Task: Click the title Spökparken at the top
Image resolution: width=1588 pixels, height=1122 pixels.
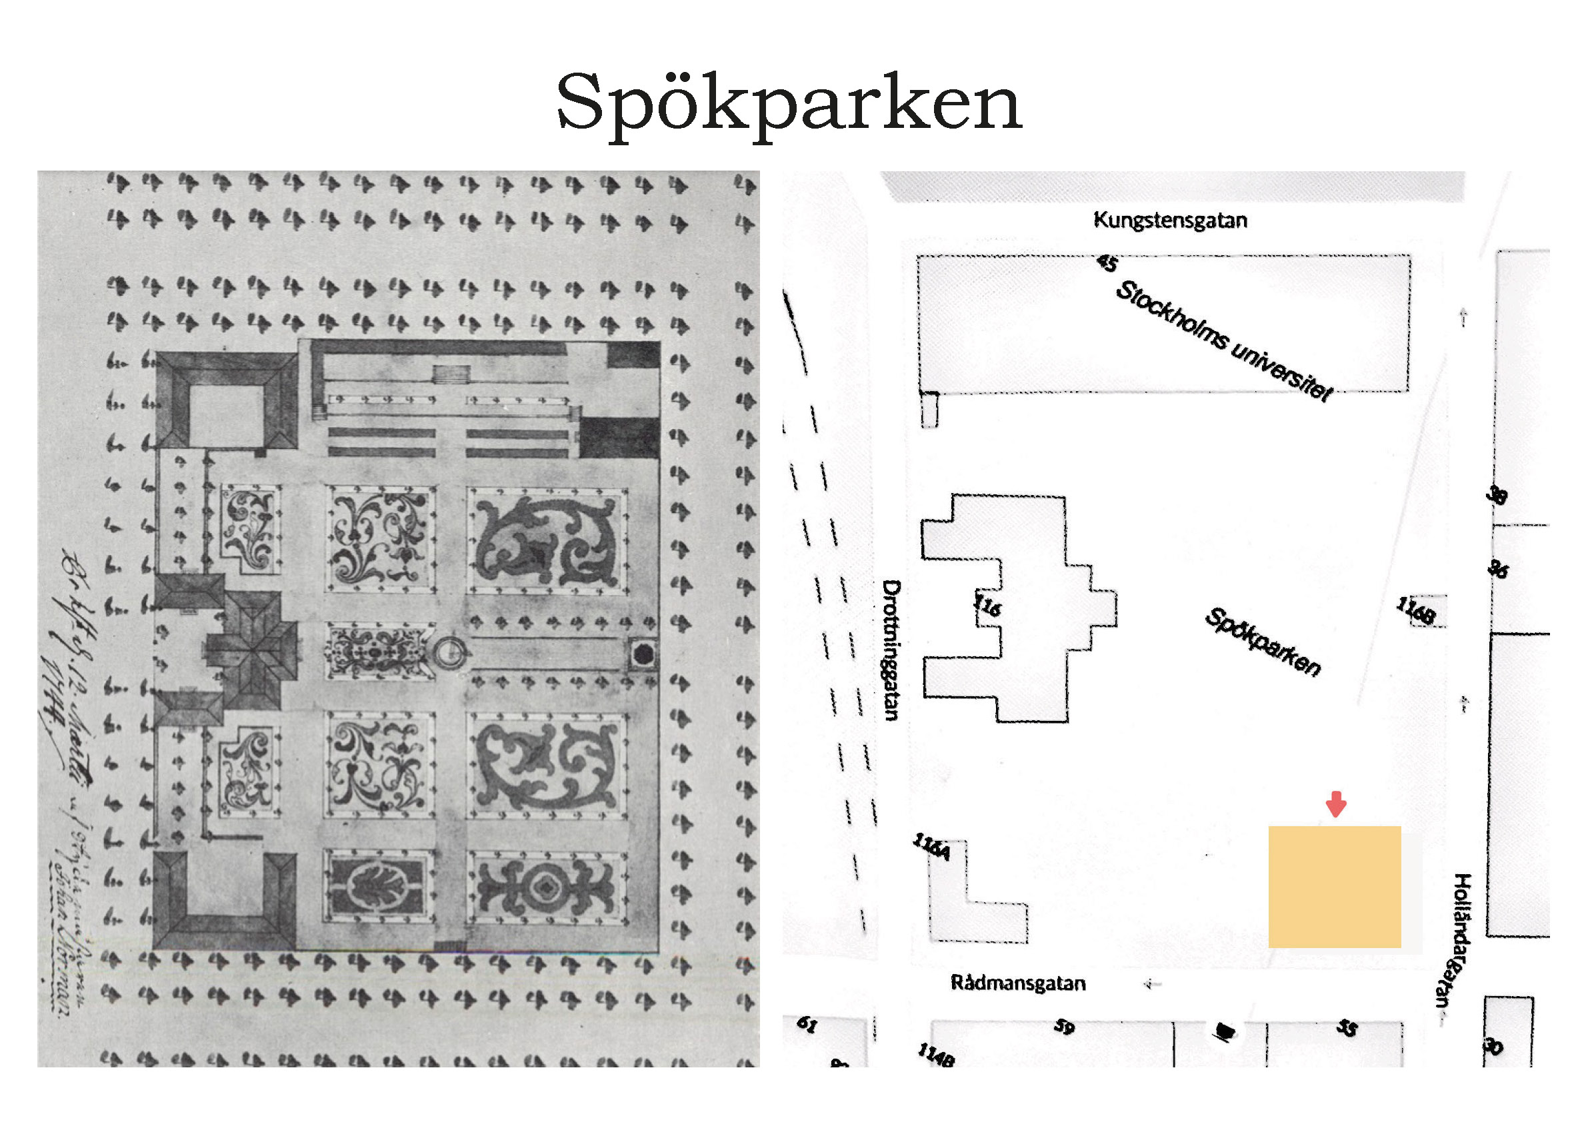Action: pos(789,104)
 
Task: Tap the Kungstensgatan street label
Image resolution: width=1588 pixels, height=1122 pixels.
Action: pos(1169,221)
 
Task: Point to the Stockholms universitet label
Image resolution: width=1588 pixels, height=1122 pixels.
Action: pos(1223,340)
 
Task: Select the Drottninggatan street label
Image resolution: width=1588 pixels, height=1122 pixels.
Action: pos(891,650)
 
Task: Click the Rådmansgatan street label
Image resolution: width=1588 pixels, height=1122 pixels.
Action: pos(1017,982)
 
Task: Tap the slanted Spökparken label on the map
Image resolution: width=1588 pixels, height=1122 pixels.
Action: pos(1263,642)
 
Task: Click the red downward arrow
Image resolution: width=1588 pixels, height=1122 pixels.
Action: pos(1335,804)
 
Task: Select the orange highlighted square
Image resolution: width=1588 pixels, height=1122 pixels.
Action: pos(1334,886)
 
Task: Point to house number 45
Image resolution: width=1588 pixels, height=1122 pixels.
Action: pos(1107,264)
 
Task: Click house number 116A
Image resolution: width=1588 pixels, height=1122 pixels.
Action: pos(931,847)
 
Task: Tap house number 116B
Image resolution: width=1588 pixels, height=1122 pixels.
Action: pos(1416,610)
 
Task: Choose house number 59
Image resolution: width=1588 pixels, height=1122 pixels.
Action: pos(1065,1027)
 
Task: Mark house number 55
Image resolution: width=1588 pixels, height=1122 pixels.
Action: pos(1347,1029)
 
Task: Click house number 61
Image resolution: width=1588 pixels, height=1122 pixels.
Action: pos(807,1024)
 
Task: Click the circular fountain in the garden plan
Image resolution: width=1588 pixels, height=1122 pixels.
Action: pos(449,652)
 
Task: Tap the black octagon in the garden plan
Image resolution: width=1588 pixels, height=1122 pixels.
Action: pos(643,654)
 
